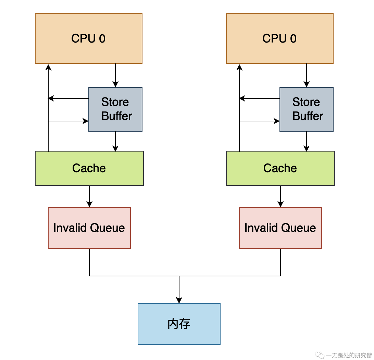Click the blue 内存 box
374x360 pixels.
(179, 324)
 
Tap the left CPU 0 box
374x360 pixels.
(88, 38)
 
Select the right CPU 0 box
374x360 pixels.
(279, 38)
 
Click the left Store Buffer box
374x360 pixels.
(115, 109)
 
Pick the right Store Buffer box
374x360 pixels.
(307, 109)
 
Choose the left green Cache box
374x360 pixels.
(89, 168)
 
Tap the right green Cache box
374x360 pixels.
(280, 168)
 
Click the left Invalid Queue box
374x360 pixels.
(89, 228)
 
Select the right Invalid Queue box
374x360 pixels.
(280, 228)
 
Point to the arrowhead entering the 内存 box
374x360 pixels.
(179, 300)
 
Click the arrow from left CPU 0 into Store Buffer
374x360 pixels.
(115, 75)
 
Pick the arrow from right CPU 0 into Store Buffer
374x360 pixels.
(307, 75)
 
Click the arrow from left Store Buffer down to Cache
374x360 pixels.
(115, 141)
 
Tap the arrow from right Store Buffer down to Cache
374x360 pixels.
(307, 141)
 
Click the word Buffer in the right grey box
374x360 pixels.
(308, 116)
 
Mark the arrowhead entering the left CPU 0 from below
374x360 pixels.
(48, 67)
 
